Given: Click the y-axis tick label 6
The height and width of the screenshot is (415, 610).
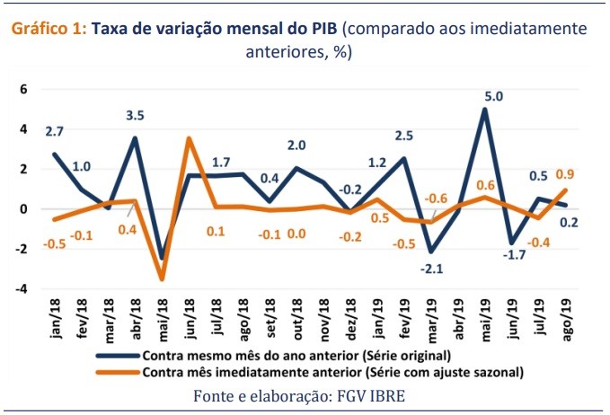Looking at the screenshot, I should tap(24, 89).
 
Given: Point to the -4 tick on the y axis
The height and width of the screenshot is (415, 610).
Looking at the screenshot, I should tap(22, 288).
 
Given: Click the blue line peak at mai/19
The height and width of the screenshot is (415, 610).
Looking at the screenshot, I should tap(486, 110).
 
